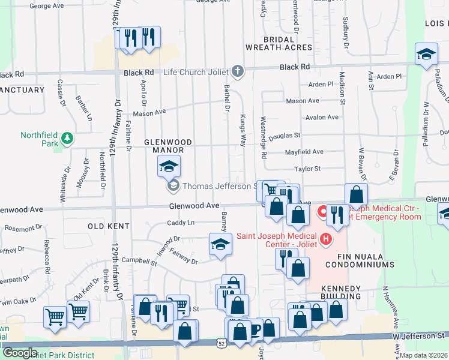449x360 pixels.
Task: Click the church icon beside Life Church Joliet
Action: [x=238, y=72]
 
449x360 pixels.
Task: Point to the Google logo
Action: [x=20, y=353]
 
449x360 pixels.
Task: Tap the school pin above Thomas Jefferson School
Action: [x=169, y=165]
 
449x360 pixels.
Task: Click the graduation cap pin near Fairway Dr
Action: [x=220, y=244]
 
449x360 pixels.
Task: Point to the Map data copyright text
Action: [x=424, y=355]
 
